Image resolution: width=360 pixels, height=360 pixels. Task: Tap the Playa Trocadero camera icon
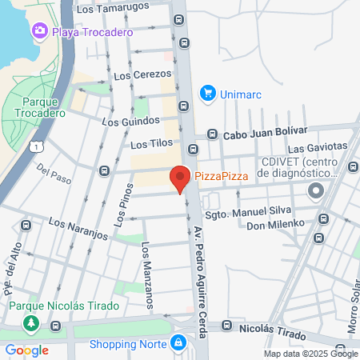click(39, 31)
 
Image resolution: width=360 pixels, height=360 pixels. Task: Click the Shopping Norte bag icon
click(178, 344)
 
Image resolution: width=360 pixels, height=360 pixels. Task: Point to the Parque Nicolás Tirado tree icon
click(32, 324)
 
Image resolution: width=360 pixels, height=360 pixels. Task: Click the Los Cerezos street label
click(137, 75)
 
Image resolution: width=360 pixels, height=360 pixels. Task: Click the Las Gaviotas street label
click(318, 149)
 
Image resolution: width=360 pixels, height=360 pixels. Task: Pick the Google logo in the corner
click(26, 350)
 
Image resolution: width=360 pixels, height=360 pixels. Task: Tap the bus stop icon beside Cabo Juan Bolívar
click(212, 134)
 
